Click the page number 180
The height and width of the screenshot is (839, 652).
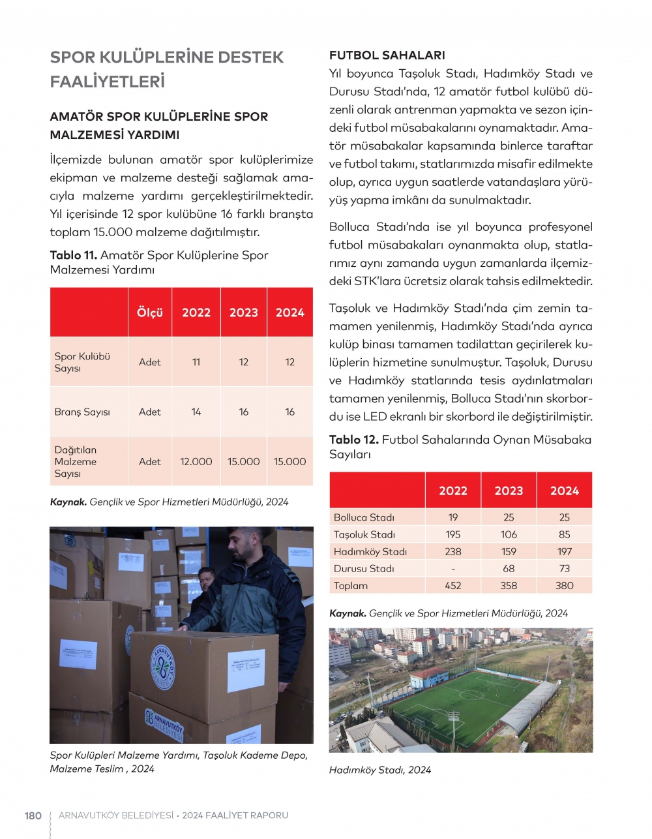(x=33, y=816)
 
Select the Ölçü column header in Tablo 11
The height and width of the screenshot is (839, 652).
(x=149, y=313)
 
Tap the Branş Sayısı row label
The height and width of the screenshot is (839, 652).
(x=82, y=412)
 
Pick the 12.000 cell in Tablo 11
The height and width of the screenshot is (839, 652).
(x=196, y=461)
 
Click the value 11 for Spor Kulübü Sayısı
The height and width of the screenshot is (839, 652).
(x=196, y=362)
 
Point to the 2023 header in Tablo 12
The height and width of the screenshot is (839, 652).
(x=509, y=491)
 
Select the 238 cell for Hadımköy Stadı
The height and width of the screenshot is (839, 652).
(x=452, y=551)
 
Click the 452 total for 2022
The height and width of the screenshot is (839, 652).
(x=452, y=585)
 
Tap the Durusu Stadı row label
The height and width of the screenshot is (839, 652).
(x=364, y=568)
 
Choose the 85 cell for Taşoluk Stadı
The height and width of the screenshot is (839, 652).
(x=564, y=534)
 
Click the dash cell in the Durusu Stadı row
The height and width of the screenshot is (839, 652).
(x=452, y=568)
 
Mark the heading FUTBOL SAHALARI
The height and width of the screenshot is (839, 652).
(x=387, y=55)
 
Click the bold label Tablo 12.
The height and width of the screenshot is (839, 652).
(x=353, y=440)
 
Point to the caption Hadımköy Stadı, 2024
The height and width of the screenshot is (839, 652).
(x=380, y=770)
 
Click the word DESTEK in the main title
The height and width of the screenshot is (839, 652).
(x=250, y=57)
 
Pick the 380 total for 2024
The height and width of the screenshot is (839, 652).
(x=564, y=585)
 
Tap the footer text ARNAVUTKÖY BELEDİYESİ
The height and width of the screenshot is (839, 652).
(x=116, y=816)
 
